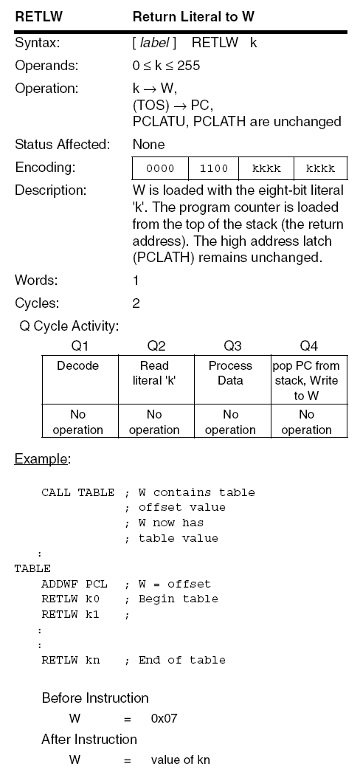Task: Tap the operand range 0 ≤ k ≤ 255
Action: click(x=166, y=66)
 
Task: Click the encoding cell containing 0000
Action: click(x=160, y=168)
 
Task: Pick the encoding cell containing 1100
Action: click(x=214, y=168)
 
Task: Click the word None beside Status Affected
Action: click(x=148, y=144)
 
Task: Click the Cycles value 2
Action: click(x=136, y=303)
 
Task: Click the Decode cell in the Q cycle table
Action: click(x=78, y=366)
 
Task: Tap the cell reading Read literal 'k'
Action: click(x=154, y=373)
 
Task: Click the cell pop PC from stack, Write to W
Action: click(x=306, y=380)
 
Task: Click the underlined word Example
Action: click(x=41, y=459)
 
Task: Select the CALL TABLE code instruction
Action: click(x=77, y=492)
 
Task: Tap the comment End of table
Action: click(x=181, y=660)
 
